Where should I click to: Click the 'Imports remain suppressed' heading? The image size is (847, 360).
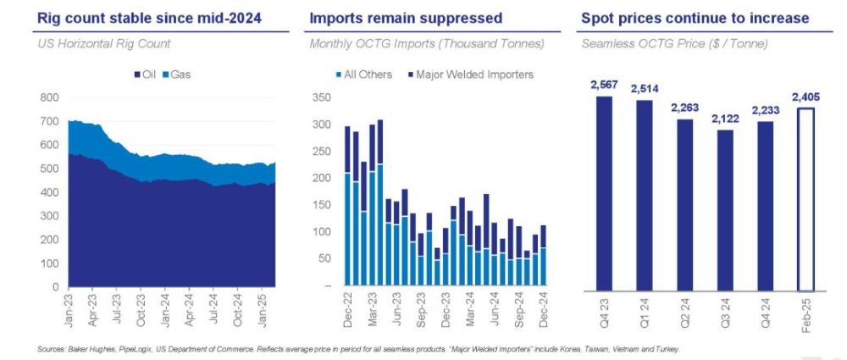(406, 18)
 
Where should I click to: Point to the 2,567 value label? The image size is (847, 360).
(604, 85)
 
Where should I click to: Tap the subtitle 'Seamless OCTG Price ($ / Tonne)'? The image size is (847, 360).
(674, 43)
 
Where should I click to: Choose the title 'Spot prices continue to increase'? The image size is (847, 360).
(695, 18)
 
